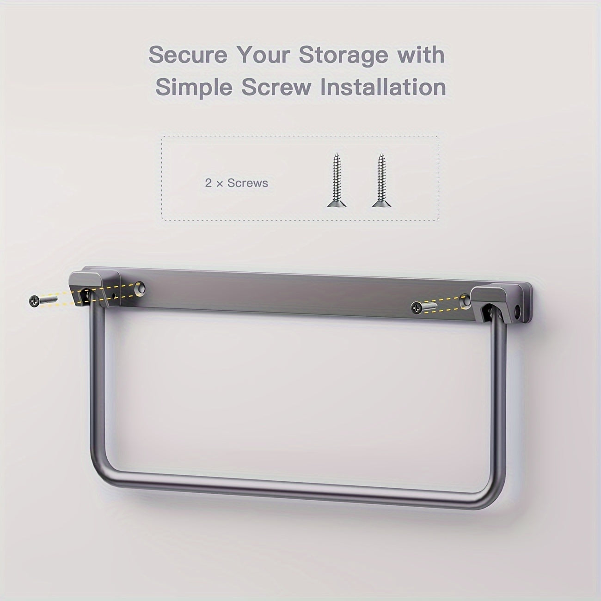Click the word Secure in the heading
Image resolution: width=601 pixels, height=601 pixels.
[188, 55]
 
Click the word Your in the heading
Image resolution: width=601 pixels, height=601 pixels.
[263, 55]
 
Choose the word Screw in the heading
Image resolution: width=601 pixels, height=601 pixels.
[276, 87]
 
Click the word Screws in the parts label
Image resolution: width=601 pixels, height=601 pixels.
[248, 183]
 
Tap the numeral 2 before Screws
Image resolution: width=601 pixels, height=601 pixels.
[208, 183]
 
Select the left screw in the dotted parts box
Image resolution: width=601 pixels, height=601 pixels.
[337, 180]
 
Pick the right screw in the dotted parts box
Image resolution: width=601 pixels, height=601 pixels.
[381, 180]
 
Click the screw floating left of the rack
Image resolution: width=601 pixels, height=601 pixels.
[43, 300]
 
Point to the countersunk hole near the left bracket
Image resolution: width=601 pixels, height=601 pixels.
[141, 288]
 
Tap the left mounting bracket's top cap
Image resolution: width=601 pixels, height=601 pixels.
[93, 277]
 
